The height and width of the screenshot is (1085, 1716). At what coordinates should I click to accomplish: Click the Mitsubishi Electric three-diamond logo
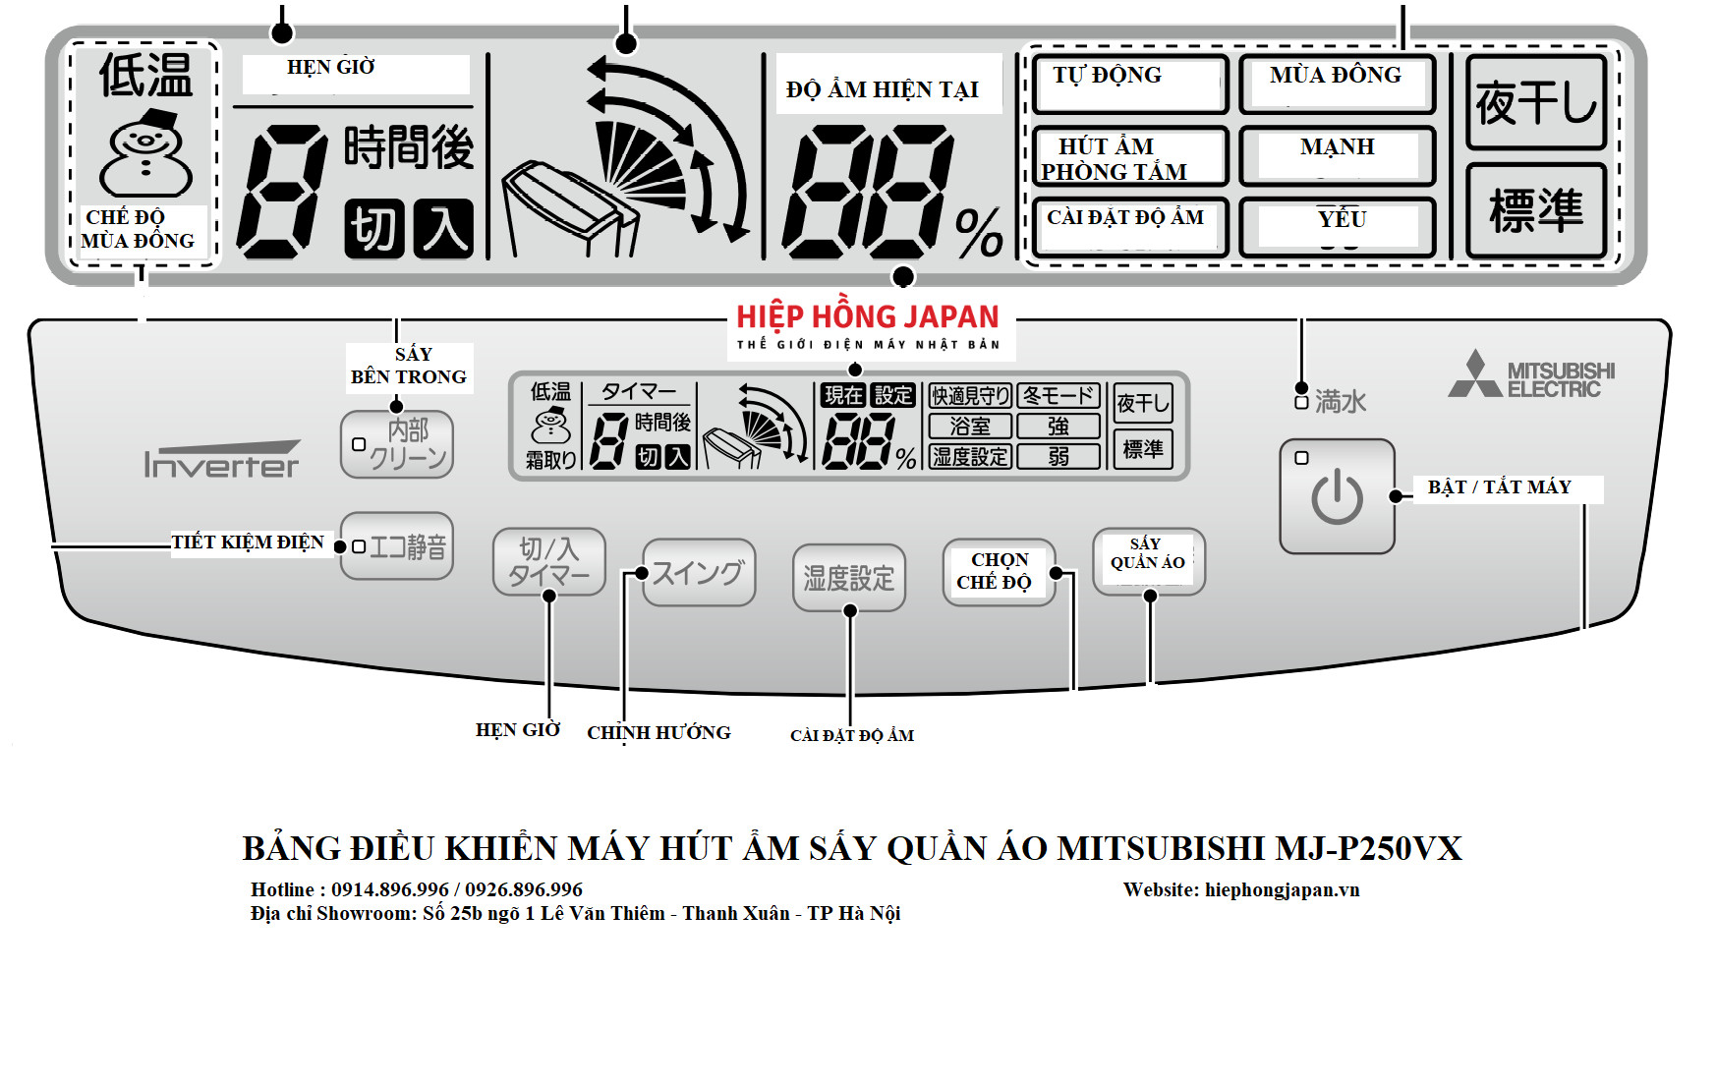coord(1474,375)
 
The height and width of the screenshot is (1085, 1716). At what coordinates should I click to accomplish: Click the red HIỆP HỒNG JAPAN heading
coord(868,317)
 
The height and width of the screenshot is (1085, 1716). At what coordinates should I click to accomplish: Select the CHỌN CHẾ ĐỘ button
coord(998,571)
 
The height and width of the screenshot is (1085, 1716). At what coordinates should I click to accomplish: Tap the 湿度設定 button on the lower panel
coord(848,578)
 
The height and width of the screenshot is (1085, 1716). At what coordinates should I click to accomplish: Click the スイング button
coord(699,573)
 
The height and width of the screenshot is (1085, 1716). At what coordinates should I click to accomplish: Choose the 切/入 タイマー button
coord(548,562)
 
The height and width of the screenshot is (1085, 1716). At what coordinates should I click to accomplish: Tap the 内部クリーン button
coord(397,444)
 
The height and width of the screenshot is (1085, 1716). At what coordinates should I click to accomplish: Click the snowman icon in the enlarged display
coord(145,154)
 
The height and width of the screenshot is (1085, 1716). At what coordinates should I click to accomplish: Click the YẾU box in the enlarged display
coord(1337,227)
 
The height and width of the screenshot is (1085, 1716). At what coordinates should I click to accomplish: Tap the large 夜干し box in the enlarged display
coord(1535,102)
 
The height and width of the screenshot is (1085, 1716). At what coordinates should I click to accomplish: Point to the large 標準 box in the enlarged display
coord(1535,210)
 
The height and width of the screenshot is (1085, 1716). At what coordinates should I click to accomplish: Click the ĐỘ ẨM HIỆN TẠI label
coord(883,89)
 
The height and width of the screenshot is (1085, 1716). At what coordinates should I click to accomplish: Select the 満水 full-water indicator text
coord(1340,401)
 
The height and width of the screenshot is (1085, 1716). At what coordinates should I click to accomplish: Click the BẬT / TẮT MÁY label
coord(1499,487)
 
